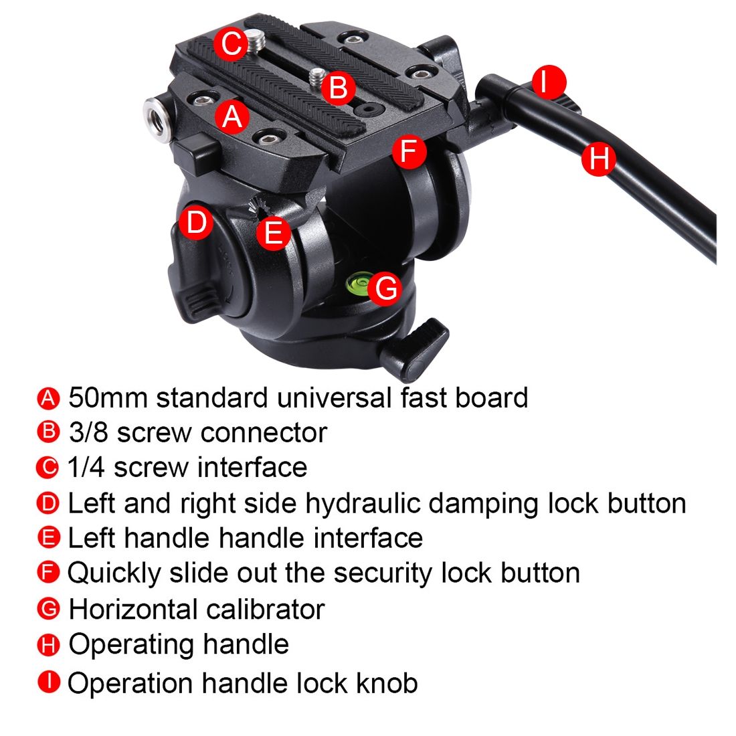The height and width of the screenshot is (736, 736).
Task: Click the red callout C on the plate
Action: (x=231, y=43)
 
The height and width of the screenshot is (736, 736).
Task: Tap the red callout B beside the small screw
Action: (x=338, y=88)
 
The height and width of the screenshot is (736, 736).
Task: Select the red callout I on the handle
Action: (x=545, y=81)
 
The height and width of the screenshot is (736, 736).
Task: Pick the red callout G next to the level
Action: (x=385, y=288)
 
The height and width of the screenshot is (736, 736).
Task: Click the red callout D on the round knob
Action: (x=196, y=222)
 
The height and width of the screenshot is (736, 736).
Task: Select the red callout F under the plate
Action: (x=409, y=151)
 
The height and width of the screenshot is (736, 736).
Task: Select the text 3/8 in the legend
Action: (x=89, y=432)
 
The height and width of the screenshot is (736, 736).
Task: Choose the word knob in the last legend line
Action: (x=387, y=682)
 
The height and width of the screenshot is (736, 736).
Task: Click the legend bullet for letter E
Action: (x=48, y=537)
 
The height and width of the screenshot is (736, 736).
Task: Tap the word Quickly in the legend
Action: (x=114, y=573)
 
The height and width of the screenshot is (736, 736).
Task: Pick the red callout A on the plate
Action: (x=232, y=116)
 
